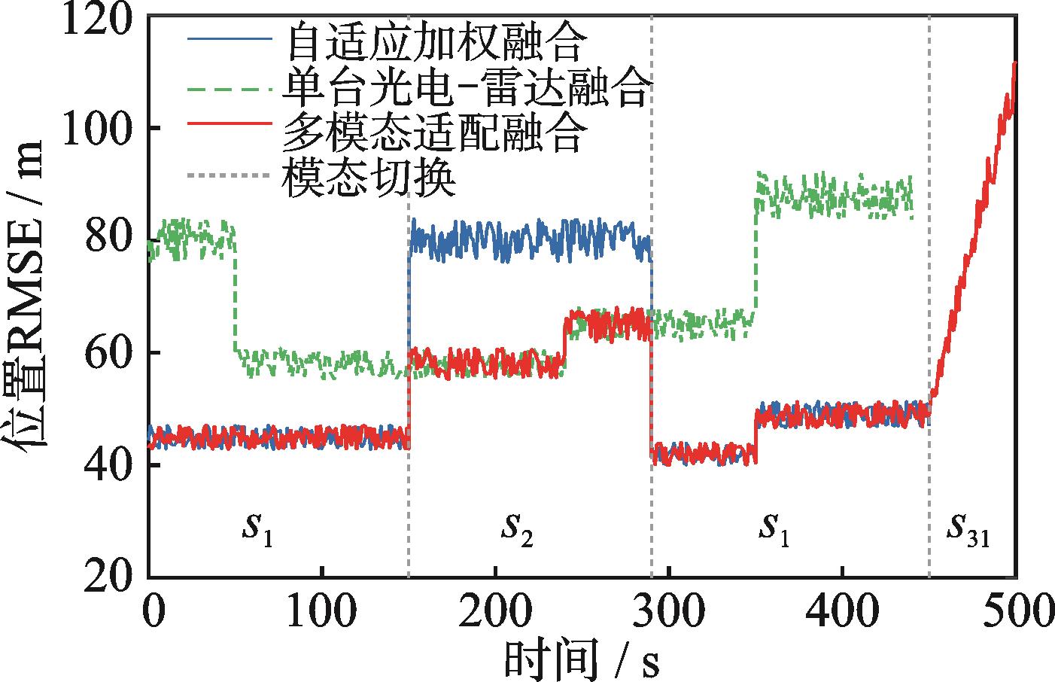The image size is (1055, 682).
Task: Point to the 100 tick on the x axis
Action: (x=322, y=611)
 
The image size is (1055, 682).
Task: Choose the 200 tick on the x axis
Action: (x=495, y=611)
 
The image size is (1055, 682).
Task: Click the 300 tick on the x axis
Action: (x=668, y=611)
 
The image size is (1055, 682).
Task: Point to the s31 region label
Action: (x=968, y=531)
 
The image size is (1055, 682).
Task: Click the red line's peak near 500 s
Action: (x=1015, y=62)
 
